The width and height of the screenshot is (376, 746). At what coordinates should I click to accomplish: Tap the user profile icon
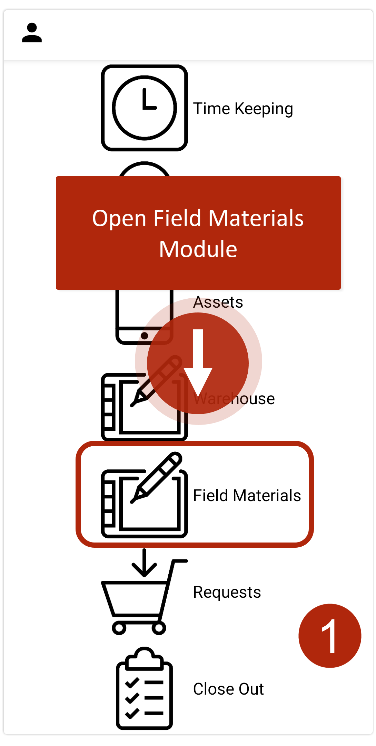pos(32,33)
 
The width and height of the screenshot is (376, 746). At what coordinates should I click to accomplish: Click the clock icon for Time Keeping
pos(145,108)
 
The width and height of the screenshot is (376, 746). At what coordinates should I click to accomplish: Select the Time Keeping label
pos(243,109)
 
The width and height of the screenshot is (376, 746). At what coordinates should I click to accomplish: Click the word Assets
pos(218,302)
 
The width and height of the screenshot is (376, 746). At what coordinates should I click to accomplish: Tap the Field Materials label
pos(247,495)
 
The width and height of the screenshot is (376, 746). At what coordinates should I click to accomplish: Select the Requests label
pos(227,592)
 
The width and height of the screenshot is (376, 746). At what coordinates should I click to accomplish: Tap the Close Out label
pos(228,689)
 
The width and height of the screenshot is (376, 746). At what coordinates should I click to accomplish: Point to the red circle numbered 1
pos(330,636)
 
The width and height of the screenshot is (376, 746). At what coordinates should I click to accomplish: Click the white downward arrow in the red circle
pos(198,362)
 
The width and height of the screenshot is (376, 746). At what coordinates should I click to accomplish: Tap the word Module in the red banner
pos(198,249)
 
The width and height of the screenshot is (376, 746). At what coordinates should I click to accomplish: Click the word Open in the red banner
pos(119,219)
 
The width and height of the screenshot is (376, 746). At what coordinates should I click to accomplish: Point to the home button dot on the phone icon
pos(145,336)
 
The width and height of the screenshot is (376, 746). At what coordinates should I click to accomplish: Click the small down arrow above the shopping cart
pos(144,563)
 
